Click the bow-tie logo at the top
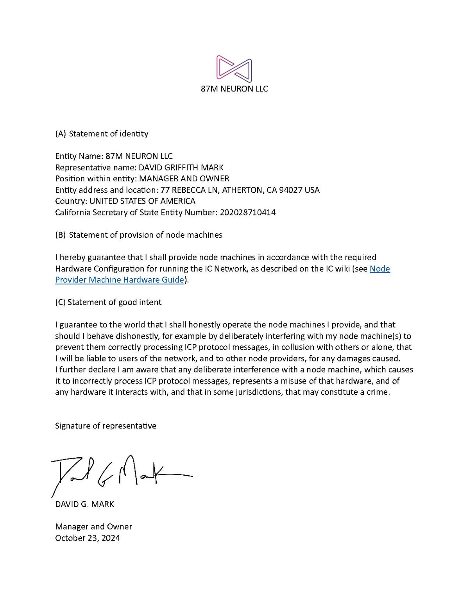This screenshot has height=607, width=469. point(234,69)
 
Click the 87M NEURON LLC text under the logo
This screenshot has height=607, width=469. point(234,89)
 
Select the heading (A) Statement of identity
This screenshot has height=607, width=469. point(102,134)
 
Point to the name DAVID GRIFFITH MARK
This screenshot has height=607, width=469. point(181,168)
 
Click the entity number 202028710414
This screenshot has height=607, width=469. point(247,213)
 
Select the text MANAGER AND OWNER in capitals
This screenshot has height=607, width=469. point(184,179)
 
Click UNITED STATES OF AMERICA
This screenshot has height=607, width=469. point(142,201)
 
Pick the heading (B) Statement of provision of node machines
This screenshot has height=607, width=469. point(139,235)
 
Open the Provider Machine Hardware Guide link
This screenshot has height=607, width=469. point(120,280)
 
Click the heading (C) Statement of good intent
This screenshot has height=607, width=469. point(108,302)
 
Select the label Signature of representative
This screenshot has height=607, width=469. point(106,426)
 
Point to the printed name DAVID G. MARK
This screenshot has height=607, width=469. point(84,504)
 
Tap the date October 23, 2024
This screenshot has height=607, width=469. point(88,538)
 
